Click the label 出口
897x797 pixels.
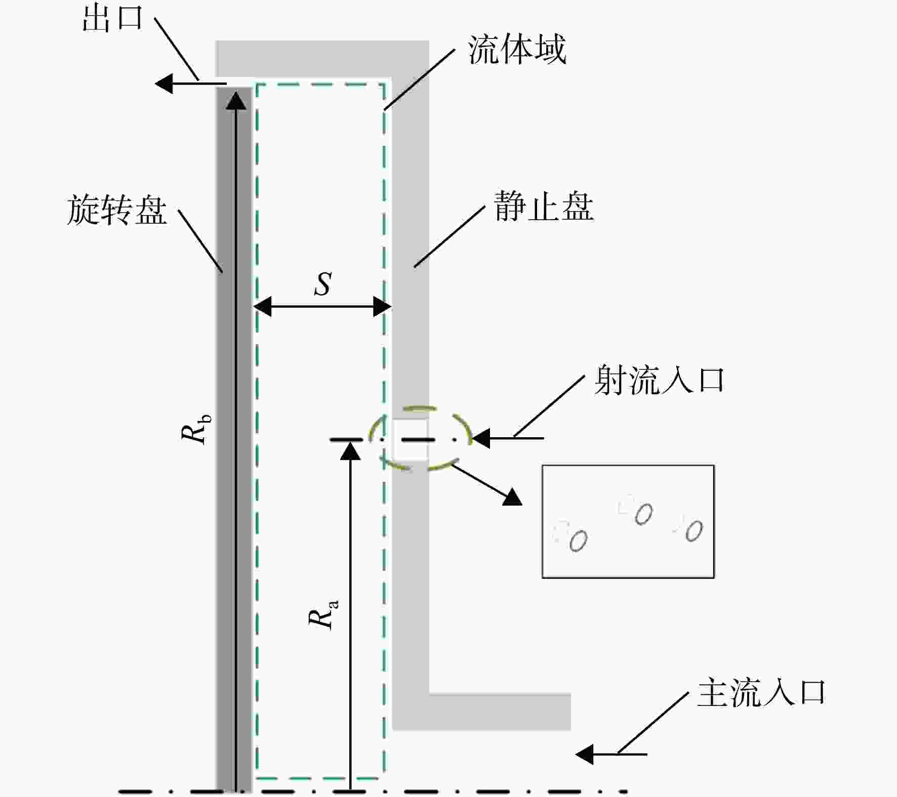(x=112, y=19)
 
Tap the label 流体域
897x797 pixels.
(x=517, y=50)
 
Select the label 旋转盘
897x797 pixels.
(x=117, y=210)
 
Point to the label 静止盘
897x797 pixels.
(x=544, y=206)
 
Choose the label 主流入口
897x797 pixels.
(x=762, y=693)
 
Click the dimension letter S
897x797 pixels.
(x=322, y=284)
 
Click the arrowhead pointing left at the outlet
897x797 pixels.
(x=164, y=83)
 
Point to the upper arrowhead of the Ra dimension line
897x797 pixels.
(x=350, y=450)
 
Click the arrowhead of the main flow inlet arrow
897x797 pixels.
(x=585, y=754)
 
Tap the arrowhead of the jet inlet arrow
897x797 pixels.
(x=481, y=438)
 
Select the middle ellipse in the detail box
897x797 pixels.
(x=643, y=514)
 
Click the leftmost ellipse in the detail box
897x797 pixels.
(x=578, y=540)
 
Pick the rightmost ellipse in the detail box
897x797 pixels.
(x=694, y=531)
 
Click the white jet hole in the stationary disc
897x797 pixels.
(x=411, y=439)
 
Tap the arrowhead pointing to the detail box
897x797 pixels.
(x=512, y=497)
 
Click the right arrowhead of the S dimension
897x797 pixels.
(x=382, y=306)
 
